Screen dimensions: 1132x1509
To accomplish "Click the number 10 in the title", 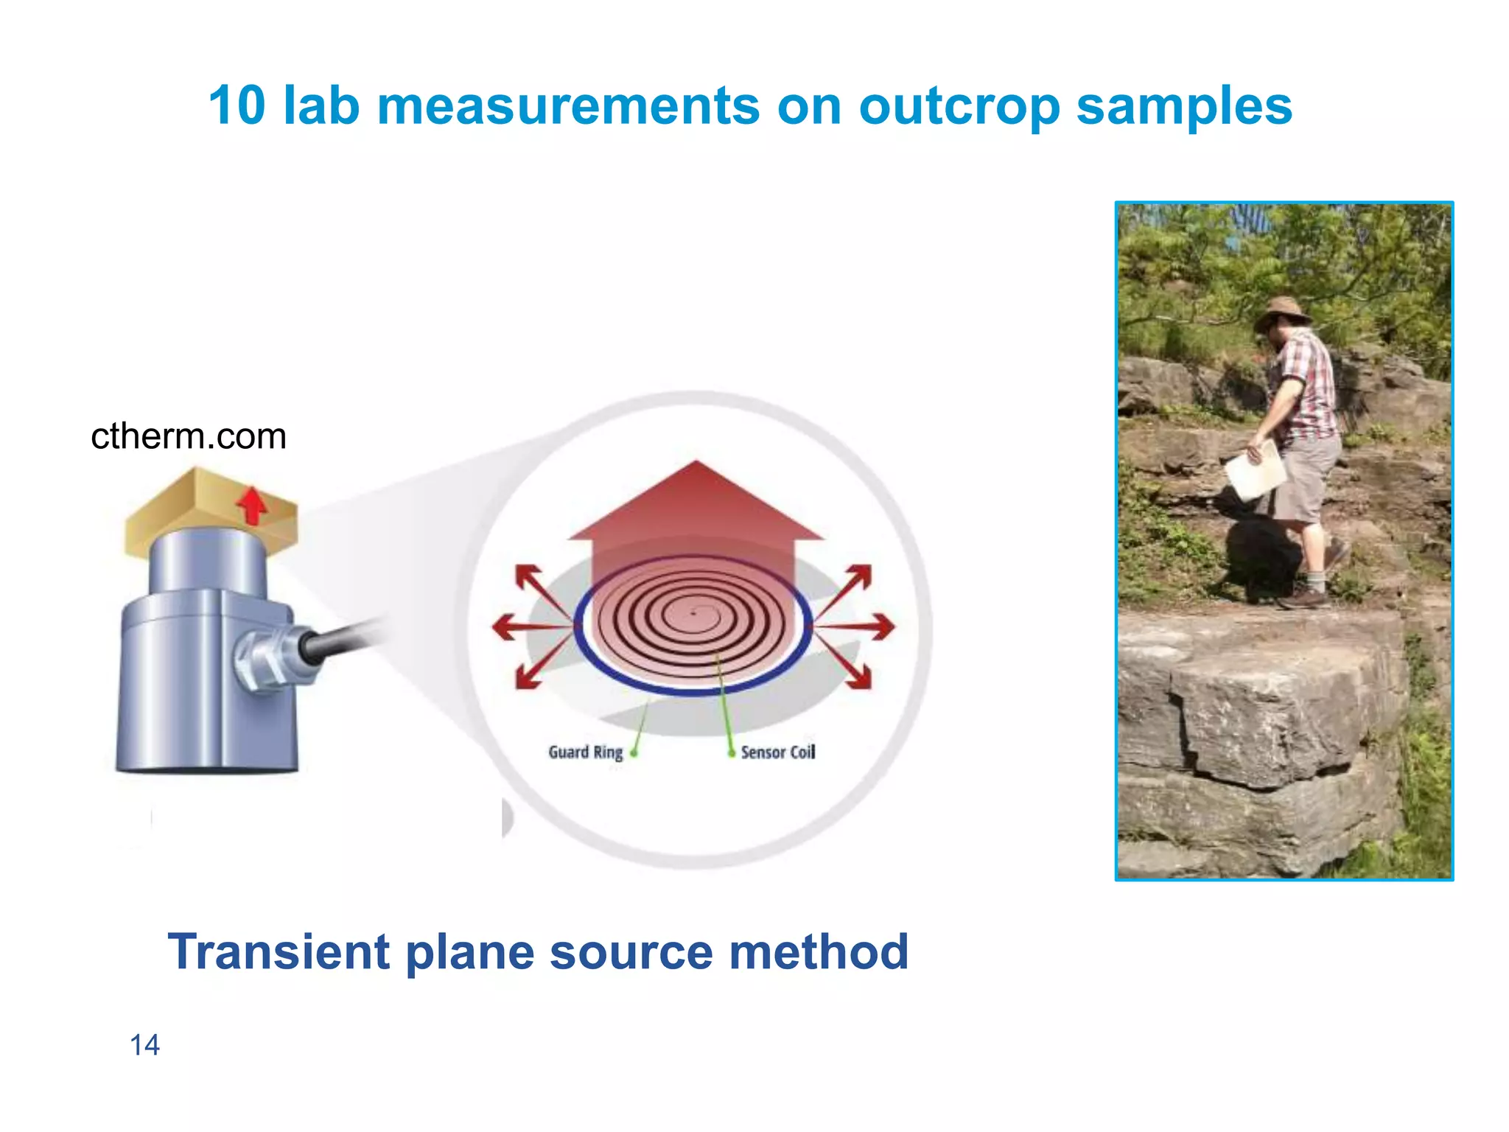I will click(x=237, y=105).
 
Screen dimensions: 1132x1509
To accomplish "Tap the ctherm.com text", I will click(x=189, y=436).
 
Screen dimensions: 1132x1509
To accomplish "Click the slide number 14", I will click(x=144, y=1045).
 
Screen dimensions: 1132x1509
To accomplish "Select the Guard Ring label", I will click(x=585, y=752).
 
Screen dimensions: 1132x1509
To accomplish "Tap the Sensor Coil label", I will click(x=777, y=752).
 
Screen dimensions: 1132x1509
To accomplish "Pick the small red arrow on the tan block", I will click(x=253, y=505).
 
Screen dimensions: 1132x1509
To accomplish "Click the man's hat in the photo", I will click(x=1284, y=310).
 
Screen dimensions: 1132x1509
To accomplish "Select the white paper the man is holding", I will click(x=1256, y=472).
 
